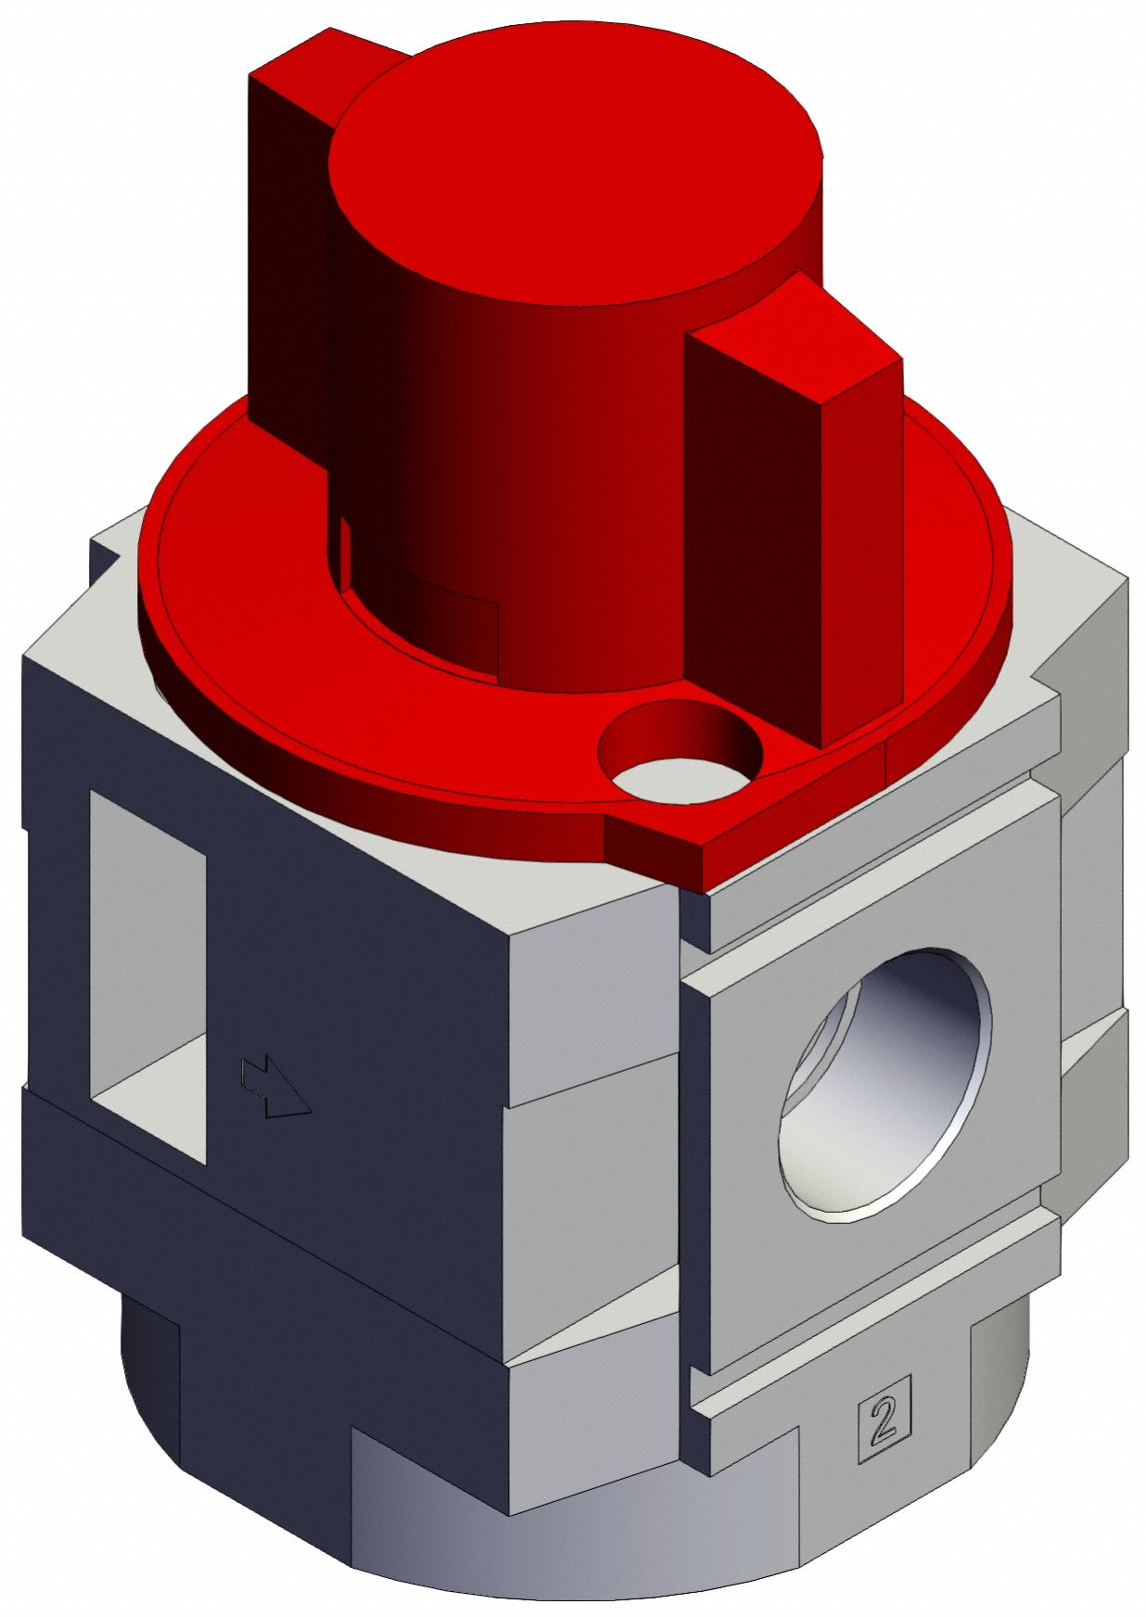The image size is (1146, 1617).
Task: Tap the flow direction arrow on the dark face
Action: coord(274,1087)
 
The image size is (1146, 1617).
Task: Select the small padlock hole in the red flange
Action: coord(680,747)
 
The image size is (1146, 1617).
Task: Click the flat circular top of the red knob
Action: coord(575,176)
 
